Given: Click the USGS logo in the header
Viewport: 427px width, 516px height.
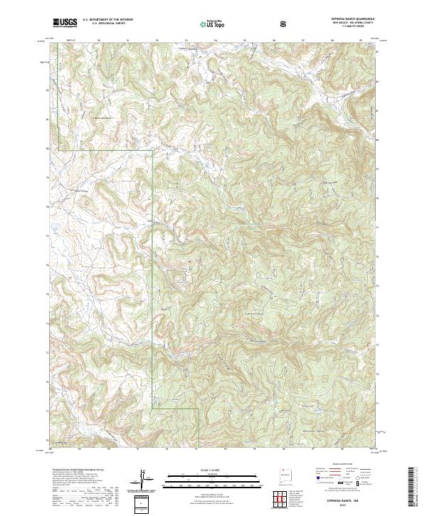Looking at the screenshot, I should (x=65, y=23).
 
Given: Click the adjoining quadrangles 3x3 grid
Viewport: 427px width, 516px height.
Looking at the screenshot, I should (x=279, y=498).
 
